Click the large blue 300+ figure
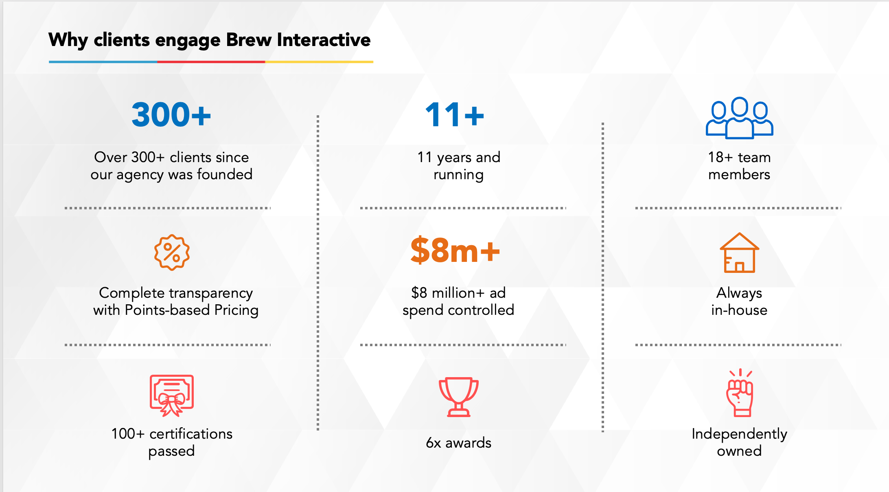coord(171,114)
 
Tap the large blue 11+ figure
coord(455,114)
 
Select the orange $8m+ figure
coord(455,250)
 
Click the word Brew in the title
coord(249,40)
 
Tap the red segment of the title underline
coord(211,62)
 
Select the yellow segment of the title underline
coord(319,62)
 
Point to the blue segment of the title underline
coord(103,62)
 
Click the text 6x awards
coord(458,443)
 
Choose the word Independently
coord(739,435)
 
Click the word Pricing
coord(236,310)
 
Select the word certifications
coord(191,434)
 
